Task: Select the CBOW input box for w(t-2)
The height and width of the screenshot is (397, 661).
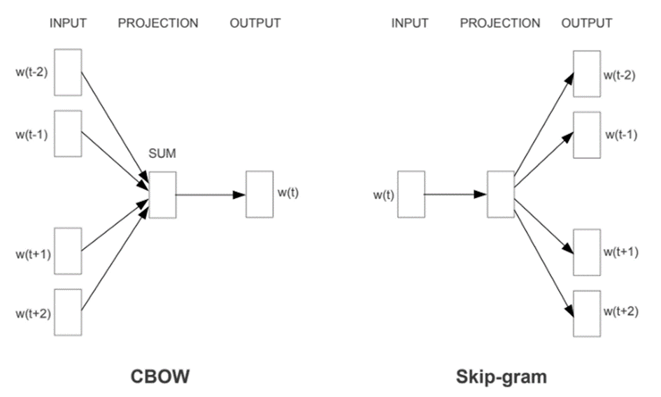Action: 68,72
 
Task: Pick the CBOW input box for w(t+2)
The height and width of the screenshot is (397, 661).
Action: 68,312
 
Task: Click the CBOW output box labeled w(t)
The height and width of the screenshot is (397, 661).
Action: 260,194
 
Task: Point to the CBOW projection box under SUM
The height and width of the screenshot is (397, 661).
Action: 162,194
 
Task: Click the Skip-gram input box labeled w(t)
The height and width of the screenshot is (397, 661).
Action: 411,194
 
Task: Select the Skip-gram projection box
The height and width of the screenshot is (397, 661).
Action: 501,194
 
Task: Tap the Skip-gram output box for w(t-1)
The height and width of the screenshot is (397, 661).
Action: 587,133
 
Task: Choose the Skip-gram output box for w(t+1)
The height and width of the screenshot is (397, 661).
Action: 587,252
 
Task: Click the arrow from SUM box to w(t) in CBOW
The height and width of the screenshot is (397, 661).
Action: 210,194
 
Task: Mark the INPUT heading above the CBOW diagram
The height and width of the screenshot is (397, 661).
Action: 68,23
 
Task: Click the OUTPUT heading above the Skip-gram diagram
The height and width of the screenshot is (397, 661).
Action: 587,23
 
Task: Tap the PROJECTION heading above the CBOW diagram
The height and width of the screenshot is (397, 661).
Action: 158,23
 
